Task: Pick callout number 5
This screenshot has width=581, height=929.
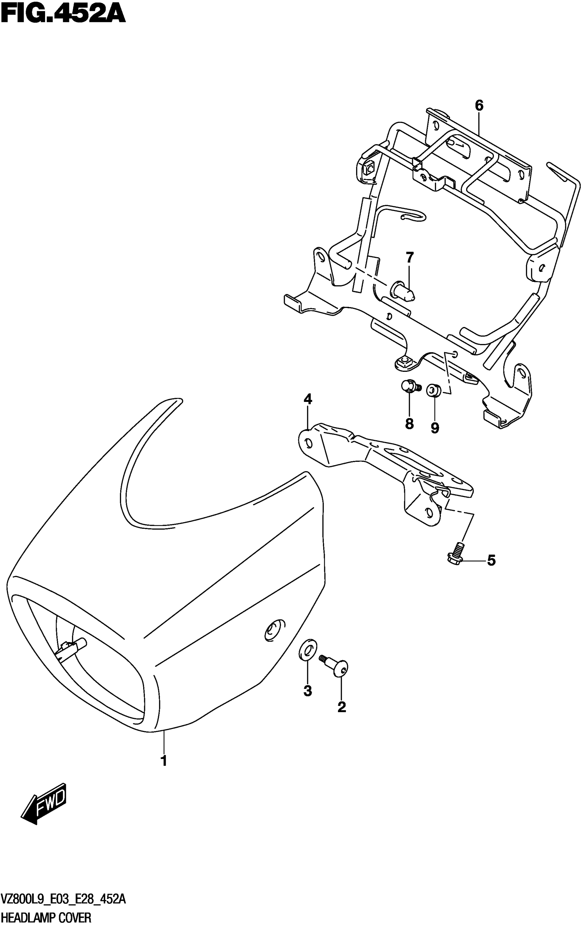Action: click(491, 561)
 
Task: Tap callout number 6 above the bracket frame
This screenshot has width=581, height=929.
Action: click(479, 105)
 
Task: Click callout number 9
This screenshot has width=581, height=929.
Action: click(435, 428)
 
